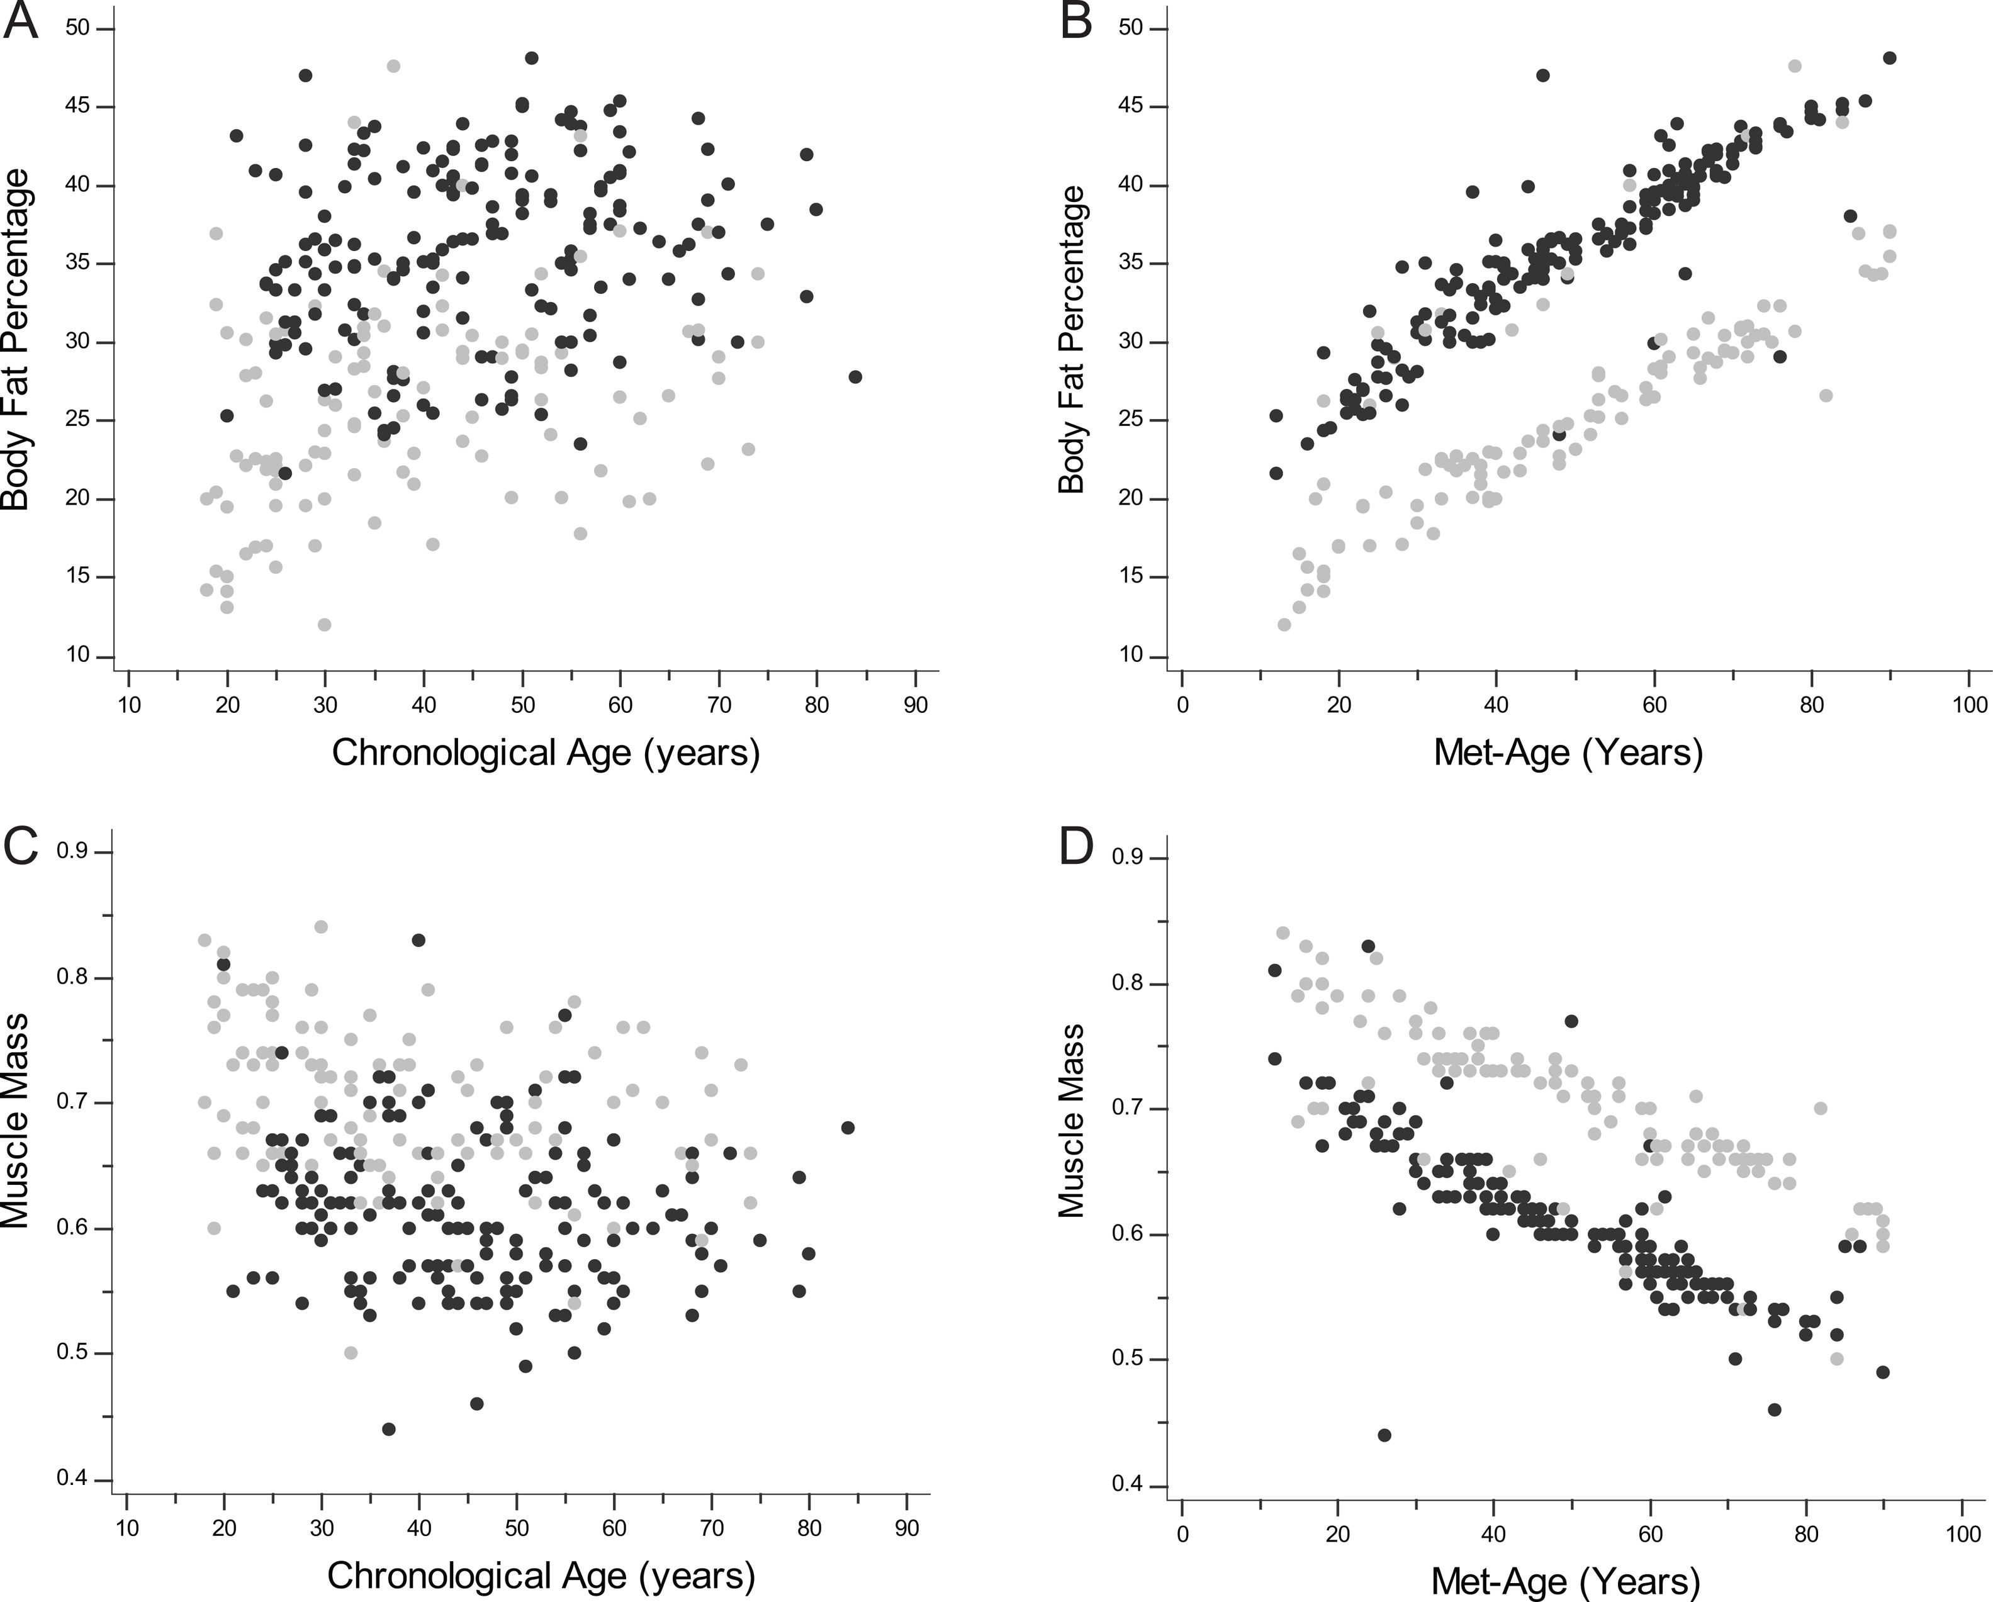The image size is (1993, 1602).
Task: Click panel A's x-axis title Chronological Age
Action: [x=546, y=753]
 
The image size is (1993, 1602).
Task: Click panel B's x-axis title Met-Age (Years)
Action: [x=1568, y=753]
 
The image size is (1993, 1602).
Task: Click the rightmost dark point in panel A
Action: [x=855, y=376]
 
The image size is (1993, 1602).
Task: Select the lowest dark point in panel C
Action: [x=388, y=1428]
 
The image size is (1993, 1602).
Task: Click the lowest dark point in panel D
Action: [x=1384, y=1435]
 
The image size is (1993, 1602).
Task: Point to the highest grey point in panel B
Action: [x=1794, y=65]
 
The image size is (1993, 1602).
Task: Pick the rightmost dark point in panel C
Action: [x=848, y=1127]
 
